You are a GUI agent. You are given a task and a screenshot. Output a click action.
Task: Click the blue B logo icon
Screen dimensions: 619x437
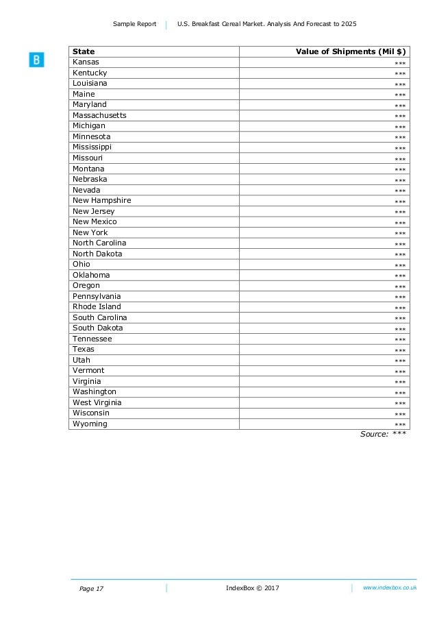[36, 60]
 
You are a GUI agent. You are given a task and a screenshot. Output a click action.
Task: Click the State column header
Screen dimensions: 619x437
[84, 51]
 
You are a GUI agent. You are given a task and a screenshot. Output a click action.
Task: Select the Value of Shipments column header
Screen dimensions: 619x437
[351, 51]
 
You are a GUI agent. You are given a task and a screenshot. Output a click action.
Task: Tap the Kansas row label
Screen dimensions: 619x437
[86, 62]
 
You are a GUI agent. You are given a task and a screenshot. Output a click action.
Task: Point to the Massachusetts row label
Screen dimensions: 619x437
[99, 115]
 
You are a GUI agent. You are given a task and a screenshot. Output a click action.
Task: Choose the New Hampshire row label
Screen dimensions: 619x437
[101, 200]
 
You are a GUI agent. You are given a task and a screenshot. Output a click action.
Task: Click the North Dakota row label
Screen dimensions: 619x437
[97, 254]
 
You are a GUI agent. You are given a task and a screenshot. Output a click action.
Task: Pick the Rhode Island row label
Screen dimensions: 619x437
[97, 306]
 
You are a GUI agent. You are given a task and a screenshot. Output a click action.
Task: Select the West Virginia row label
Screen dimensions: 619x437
[97, 402]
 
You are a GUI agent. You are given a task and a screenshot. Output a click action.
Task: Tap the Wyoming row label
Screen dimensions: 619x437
[90, 424]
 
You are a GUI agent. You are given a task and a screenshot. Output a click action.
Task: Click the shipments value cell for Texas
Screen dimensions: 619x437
[400, 350]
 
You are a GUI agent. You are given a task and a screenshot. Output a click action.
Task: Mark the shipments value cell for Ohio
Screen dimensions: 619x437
[400, 265]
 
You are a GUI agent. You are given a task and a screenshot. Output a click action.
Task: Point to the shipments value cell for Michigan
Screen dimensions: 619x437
[400, 127]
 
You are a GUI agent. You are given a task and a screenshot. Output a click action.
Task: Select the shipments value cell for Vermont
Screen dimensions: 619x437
[400, 372]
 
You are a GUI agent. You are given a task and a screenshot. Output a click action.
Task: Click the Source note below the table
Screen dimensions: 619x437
[383, 434]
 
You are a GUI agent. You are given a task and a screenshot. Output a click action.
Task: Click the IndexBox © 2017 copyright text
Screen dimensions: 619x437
[252, 588]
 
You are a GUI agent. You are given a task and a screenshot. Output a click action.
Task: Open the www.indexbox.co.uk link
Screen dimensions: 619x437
[390, 588]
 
